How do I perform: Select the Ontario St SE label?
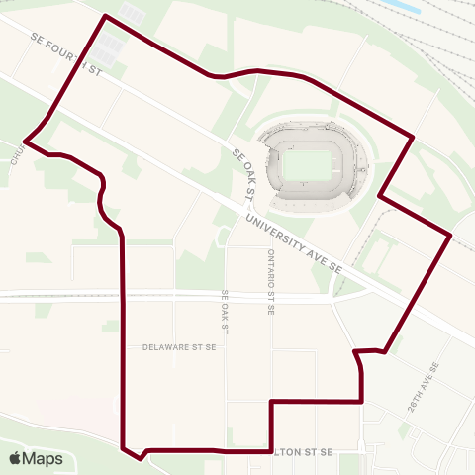269,281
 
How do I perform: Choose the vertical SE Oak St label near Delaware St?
226,310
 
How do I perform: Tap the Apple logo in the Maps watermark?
17,458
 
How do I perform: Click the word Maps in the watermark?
43,458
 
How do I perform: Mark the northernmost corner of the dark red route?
105,16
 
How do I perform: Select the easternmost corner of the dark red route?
451,235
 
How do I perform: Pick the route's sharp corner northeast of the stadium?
412,137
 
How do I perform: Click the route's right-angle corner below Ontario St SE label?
271,401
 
